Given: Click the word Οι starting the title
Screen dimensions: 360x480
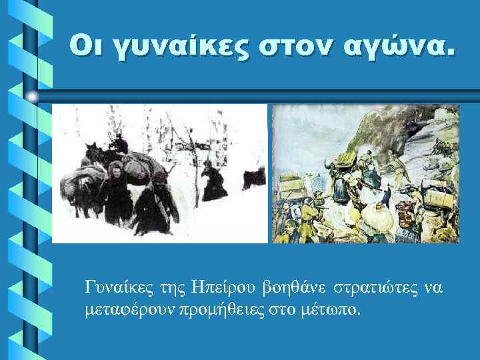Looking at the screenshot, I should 90,48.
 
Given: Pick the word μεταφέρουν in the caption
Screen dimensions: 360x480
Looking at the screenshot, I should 132,309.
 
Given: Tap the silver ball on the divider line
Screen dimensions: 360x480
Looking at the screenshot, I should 33,97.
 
